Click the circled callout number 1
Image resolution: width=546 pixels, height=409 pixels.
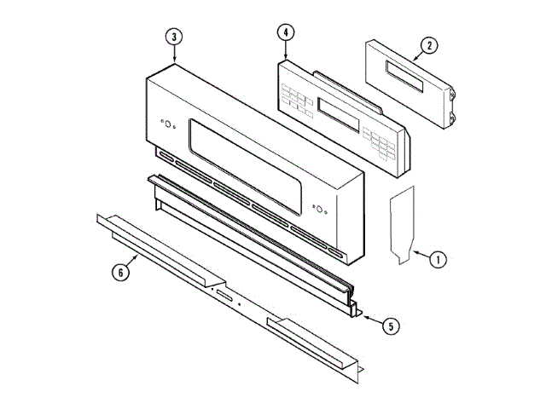pyautogui.click(x=438, y=259)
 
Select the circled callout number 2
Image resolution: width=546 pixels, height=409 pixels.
pyautogui.click(x=429, y=46)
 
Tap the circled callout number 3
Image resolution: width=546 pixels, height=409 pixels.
pyautogui.click(x=174, y=37)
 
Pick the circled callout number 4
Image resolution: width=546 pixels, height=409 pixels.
pyautogui.click(x=286, y=32)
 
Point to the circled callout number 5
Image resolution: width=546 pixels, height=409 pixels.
pyautogui.click(x=391, y=326)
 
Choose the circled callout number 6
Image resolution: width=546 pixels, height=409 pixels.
pyautogui.click(x=120, y=272)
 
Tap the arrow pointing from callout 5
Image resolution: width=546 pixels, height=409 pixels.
pyautogui.click(x=372, y=320)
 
